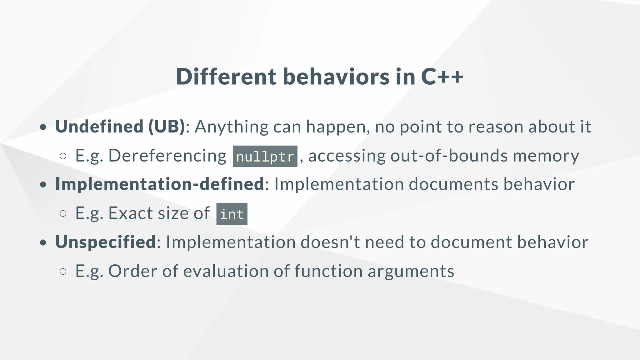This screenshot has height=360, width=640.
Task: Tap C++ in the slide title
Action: (442, 77)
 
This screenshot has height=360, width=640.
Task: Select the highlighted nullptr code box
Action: (265, 156)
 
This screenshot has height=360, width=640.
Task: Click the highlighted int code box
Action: (232, 214)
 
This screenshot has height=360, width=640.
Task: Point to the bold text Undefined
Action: (99, 127)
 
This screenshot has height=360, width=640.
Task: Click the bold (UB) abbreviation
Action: (167, 127)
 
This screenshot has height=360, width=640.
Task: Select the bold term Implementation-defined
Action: (160, 184)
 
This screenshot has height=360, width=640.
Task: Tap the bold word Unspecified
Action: (105, 242)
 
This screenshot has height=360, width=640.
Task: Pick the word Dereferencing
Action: (167, 156)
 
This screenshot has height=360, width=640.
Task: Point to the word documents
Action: (453, 184)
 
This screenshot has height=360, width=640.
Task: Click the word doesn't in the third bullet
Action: (330, 242)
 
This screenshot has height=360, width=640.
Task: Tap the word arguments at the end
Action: (411, 271)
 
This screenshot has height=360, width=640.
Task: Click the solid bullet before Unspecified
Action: (43, 242)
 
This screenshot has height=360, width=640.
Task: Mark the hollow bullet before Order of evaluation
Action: (63, 271)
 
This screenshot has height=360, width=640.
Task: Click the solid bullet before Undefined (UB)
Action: (43, 127)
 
